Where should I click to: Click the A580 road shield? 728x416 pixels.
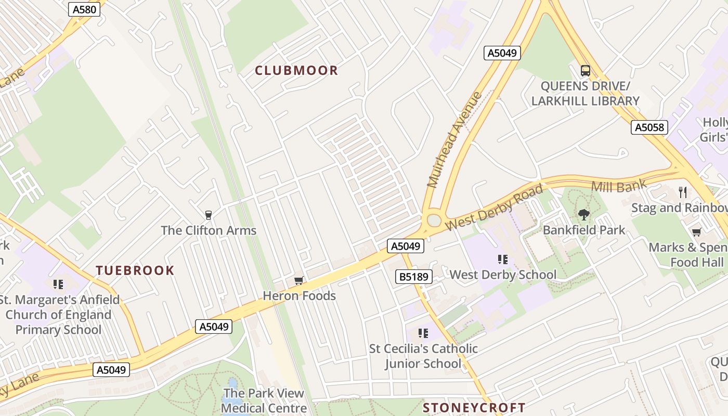pos(84,9)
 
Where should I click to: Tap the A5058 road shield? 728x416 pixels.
pos(649,127)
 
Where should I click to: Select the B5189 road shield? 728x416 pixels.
pos(414,277)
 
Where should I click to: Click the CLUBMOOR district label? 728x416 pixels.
pos(296,71)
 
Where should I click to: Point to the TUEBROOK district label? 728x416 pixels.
pos(135,270)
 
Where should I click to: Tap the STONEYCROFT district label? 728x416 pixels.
pos(474,408)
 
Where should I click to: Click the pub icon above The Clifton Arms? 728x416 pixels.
pos(209,215)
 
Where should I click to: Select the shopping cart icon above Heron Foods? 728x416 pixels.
pos(298,281)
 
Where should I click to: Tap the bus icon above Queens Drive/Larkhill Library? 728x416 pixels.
pos(586,71)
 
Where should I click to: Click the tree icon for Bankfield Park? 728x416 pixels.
pos(584,214)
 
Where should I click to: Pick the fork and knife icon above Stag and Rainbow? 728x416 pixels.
pos(683,192)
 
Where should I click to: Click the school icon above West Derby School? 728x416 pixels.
pos(502,259)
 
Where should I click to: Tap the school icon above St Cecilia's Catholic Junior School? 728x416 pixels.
pos(423,333)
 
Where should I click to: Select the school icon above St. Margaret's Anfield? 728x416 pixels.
pos(58,284)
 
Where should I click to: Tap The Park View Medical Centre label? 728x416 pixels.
pos(264,400)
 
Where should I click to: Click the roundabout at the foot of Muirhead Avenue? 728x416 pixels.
pos(433,221)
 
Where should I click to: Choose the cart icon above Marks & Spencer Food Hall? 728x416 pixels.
pos(696,232)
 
